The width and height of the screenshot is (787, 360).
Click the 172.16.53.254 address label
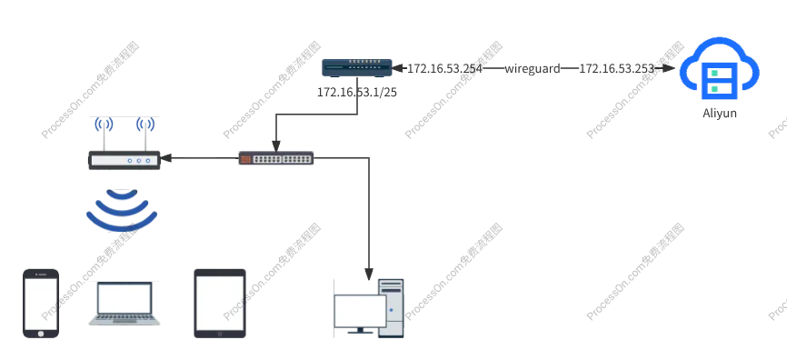444,68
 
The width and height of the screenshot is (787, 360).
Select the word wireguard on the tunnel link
536,68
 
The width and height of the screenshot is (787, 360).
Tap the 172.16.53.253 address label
616,68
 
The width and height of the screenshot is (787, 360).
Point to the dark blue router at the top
357,69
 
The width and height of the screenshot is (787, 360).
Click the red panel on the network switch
244,158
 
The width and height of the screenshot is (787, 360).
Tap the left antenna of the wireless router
104,132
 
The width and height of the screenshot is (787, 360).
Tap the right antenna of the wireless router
144,132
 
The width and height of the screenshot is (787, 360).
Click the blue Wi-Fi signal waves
119,211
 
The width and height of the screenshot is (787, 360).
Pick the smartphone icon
40,303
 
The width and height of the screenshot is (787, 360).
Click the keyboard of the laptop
125,318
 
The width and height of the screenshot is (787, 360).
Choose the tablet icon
218,302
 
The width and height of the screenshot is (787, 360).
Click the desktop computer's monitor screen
360,311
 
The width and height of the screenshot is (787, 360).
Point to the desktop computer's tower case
392,308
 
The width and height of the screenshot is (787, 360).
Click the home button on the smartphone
40,334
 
